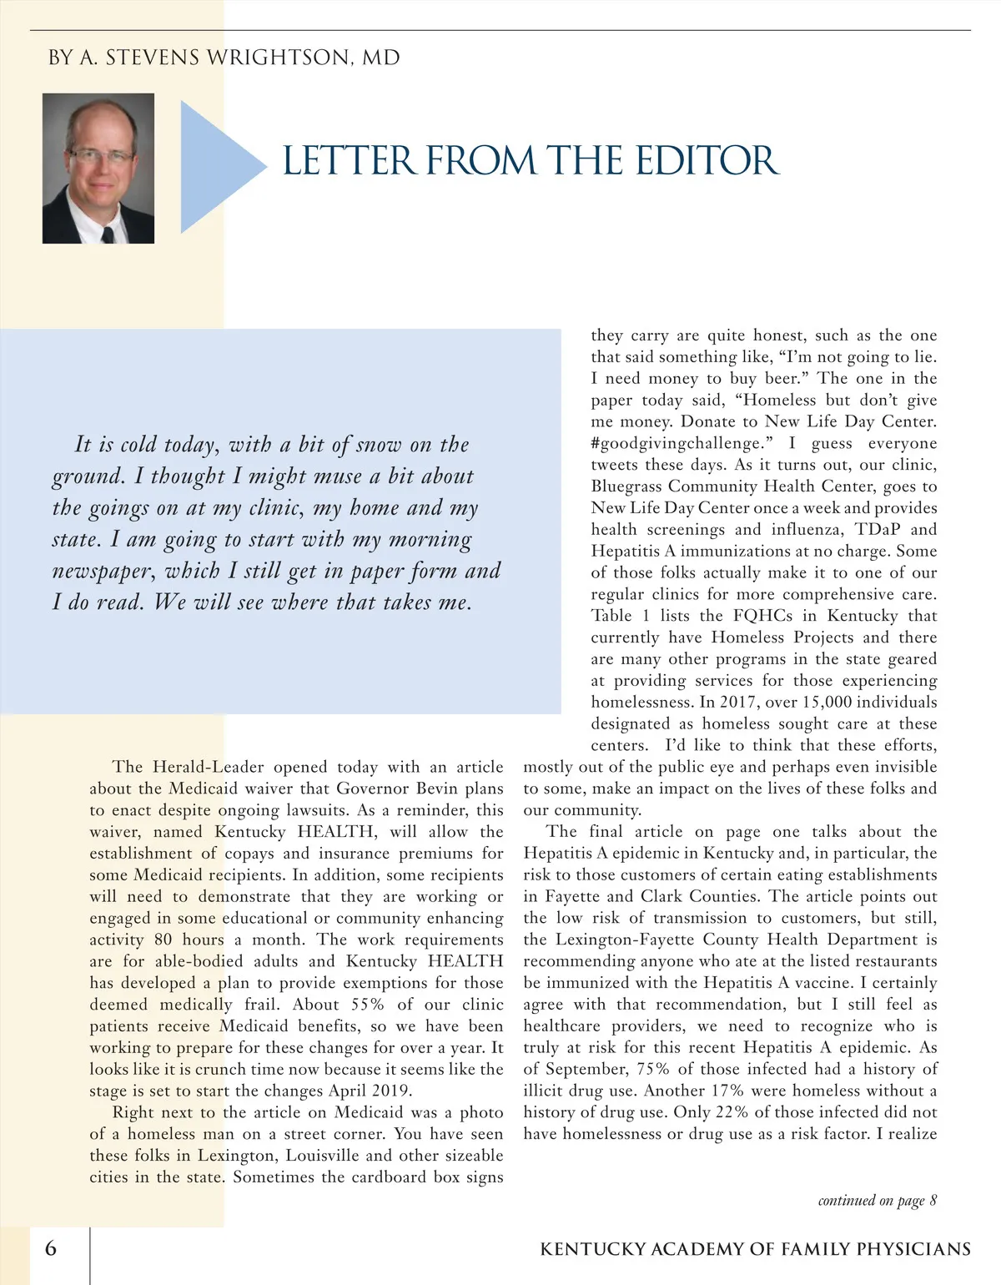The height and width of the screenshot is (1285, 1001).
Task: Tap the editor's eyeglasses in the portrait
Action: [x=100, y=155]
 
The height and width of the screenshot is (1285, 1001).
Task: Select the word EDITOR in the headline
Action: [x=707, y=161]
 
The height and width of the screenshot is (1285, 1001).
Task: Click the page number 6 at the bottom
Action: [x=52, y=1248]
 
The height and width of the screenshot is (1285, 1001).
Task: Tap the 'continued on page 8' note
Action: [x=877, y=1201]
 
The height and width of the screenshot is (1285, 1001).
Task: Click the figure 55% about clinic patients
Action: [x=367, y=1005]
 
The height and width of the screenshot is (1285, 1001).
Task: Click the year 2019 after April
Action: [x=391, y=1091]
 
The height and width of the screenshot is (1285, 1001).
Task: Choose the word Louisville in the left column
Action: [x=323, y=1156]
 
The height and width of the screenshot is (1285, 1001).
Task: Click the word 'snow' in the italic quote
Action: [x=379, y=445]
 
